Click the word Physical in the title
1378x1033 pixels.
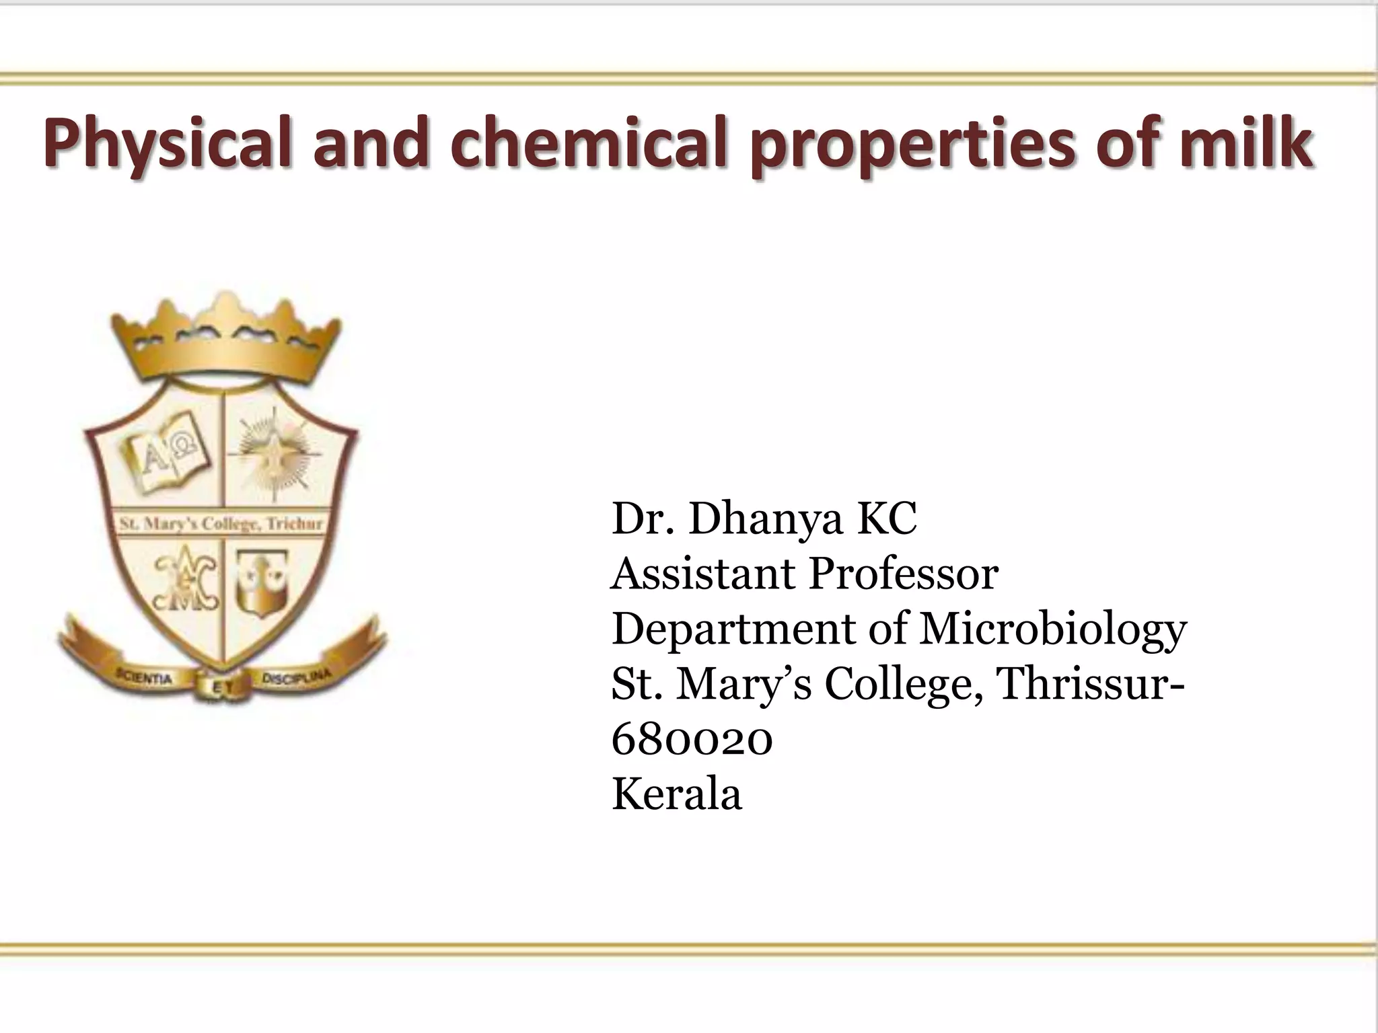click(168, 144)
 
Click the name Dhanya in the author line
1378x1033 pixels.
click(766, 520)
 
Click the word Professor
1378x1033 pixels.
click(903, 574)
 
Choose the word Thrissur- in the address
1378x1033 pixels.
click(1091, 684)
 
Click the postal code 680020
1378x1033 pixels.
click(692, 740)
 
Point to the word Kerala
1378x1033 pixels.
click(677, 794)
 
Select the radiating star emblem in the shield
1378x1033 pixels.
click(275, 457)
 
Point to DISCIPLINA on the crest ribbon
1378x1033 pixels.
click(297, 677)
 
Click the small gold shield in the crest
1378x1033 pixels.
click(264, 582)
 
